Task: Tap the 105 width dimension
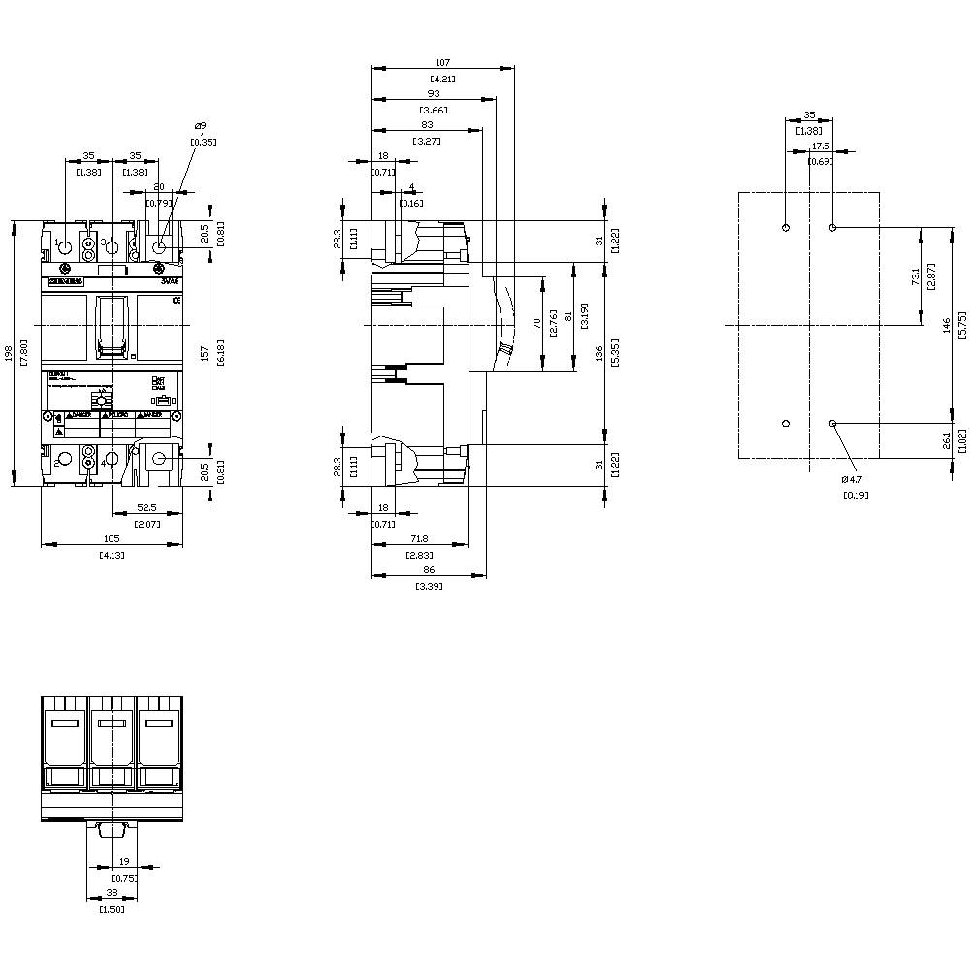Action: click(112, 538)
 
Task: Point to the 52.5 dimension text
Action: click(147, 506)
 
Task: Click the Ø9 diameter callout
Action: click(200, 126)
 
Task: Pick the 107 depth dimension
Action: click(442, 63)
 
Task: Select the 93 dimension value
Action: click(434, 94)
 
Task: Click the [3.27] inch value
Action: click(427, 141)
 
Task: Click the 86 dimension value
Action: click(428, 571)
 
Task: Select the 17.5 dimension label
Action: click(821, 145)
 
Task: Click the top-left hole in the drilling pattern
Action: click(786, 228)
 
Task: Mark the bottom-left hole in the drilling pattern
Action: click(786, 423)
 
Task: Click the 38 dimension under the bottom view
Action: click(112, 893)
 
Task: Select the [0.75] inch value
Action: click(123, 878)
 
